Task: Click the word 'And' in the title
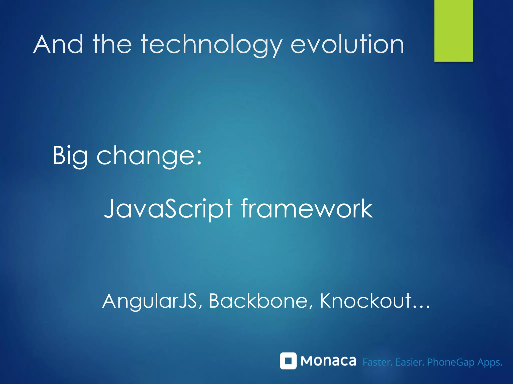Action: (58, 44)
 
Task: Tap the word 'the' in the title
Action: (112, 44)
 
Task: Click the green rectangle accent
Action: (453, 30)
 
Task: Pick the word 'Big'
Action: (70, 156)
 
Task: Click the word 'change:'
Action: (149, 156)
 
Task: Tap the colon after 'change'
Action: (199, 159)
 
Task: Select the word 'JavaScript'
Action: (168, 209)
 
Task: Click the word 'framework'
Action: (307, 208)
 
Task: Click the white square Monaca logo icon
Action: (288, 361)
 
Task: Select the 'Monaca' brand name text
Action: (328, 361)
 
